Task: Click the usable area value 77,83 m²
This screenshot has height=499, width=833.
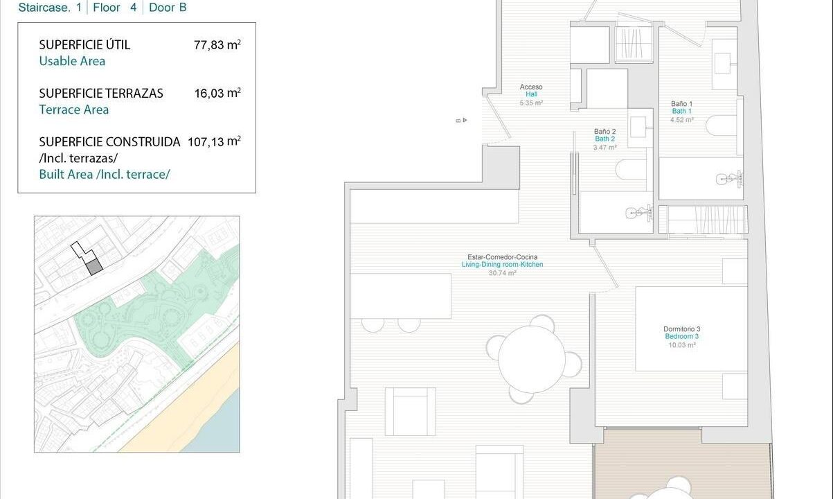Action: [217, 44]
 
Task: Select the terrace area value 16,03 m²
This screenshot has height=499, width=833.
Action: [217, 93]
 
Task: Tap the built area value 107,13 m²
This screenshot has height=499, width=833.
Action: [214, 141]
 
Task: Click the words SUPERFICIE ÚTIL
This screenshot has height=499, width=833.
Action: [84, 44]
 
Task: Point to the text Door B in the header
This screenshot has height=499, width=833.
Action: [168, 8]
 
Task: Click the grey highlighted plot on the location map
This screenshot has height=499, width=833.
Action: [94, 268]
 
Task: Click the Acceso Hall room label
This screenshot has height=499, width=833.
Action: [531, 94]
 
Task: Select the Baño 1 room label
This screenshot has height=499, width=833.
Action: [681, 112]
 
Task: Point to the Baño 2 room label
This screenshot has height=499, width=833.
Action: [604, 139]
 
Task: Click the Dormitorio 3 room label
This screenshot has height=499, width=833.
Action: [682, 337]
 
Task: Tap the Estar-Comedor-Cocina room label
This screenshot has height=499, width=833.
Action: [503, 265]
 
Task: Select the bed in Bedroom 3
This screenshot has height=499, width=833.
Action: [691, 329]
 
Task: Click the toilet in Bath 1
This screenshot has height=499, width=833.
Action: [722, 125]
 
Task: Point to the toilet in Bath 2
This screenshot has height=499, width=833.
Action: [631, 170]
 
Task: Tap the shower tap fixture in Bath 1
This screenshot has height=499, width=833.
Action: [730, 180]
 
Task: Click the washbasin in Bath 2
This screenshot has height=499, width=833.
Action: [641, 128]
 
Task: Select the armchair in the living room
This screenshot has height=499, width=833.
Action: [410, 411]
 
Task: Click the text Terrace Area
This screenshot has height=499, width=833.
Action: [74, 110]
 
